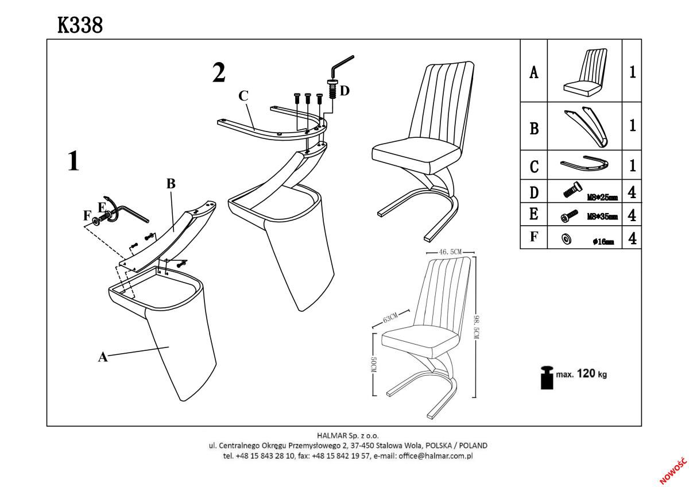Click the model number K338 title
pos(80,25)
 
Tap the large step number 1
pos(73,161)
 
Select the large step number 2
pos(219,73)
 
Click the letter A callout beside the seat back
pos(103,357)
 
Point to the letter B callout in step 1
pos(171,184)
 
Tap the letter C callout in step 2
pos(243,95)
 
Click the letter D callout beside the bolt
pos(344,90)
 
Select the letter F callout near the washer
pos(87,216)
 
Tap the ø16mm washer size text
pos(603,242)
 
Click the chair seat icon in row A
pos(585,72)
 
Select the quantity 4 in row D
pos(632,192)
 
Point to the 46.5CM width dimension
pos(451,252)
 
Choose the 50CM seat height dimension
pos(373,365)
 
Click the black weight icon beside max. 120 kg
pos(546,377)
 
